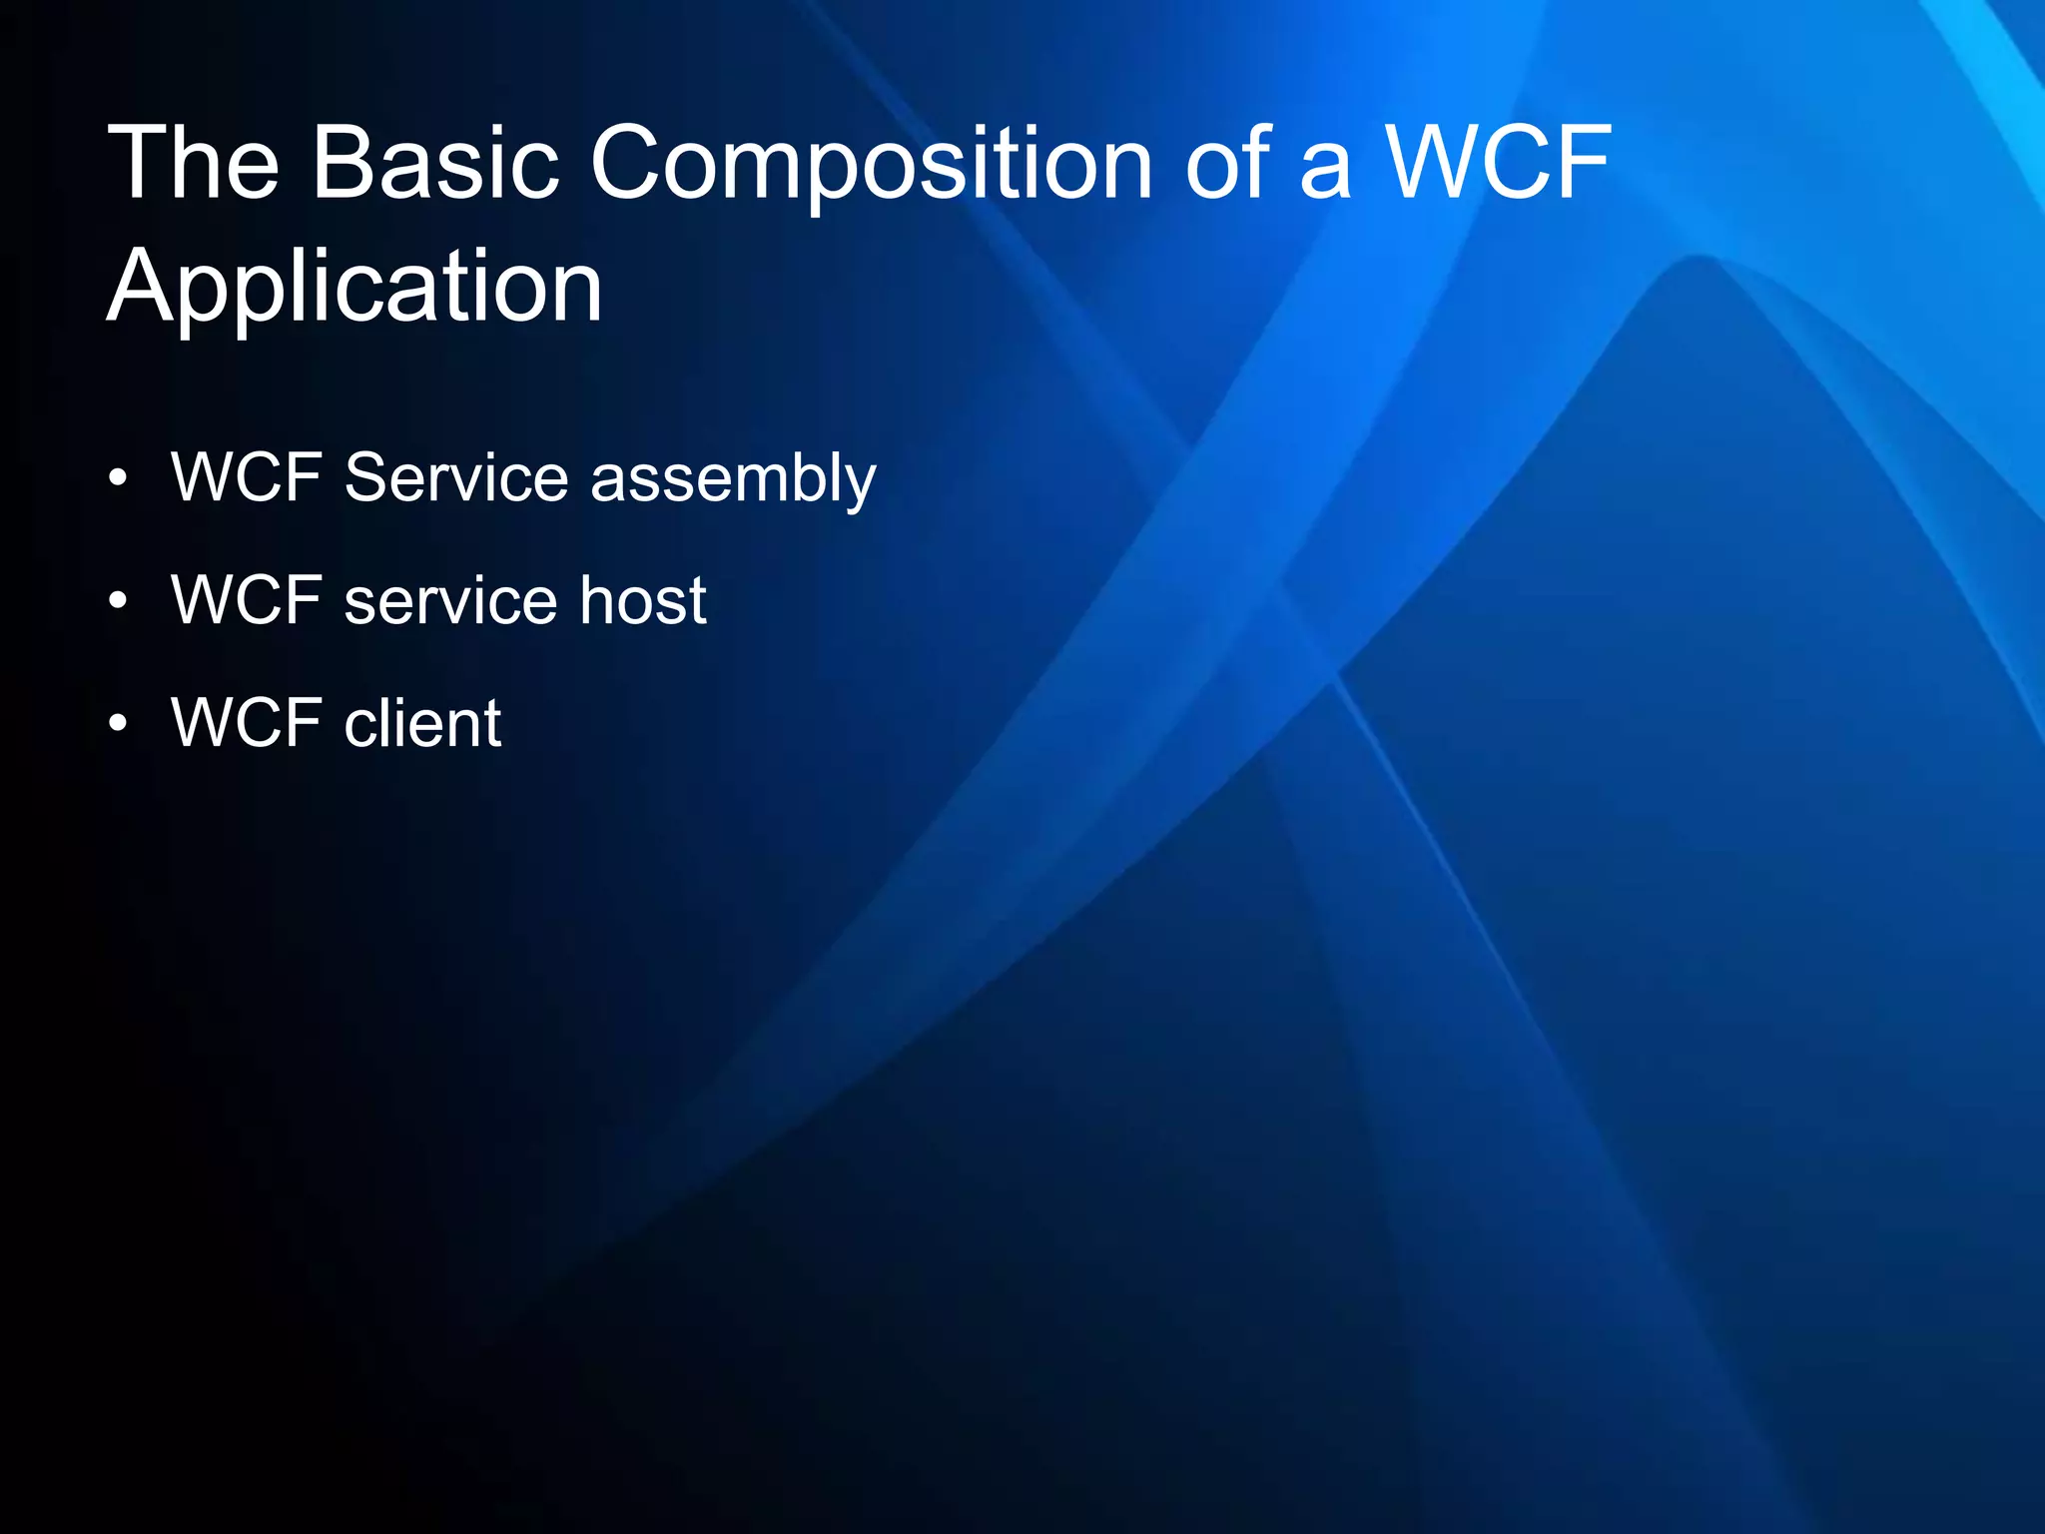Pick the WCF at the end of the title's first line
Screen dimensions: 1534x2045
pyautogui.click(x=1500, y=162)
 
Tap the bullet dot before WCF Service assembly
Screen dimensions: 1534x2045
pyautogui.click(x=119, y=479)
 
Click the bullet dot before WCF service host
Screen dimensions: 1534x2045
pyautogui.click(x=119, y=602)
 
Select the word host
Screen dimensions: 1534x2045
pyautogui.click(x=643, y=600)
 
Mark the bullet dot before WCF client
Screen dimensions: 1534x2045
pyautogui.click(x=119, y=725)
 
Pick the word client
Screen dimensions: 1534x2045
pyautogui.click(x=422, y=723)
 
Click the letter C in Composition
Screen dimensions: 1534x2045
pyautogui.click(x=632, y=162)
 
